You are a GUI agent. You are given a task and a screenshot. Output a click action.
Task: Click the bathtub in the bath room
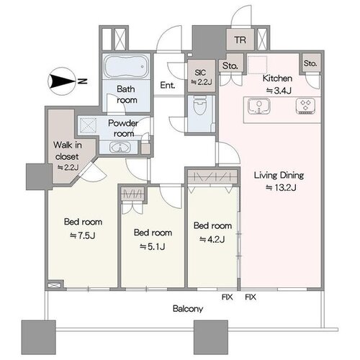click(x=127, y=66)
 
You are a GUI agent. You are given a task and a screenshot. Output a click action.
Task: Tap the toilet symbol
click(x=200, y=105)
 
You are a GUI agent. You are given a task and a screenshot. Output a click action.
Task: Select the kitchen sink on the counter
click(x=259, y=106)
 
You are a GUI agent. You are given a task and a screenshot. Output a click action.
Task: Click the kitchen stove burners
click(x=305, y=106)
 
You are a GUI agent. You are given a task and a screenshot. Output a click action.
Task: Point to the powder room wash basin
click(x=120, y=147)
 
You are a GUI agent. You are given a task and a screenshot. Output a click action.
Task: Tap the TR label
click(x=240, y=40)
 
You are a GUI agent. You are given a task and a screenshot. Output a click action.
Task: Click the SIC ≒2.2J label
click(x=201, y=77)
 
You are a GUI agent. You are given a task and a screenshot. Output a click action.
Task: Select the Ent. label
click(x=168, y=85)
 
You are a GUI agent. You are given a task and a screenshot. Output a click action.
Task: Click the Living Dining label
click(x=279, y=175)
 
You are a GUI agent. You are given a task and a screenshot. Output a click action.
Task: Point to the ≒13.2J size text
click(x=281, y=187)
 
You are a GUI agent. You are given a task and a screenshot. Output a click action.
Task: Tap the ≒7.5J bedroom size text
click(x=82, y=235)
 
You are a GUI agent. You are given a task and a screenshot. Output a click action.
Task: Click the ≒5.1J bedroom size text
click(x=152, y=246)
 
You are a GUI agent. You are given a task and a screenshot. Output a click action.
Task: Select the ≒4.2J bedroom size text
click(x=212, y=239)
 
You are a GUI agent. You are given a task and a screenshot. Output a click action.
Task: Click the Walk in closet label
click(x=68, y=150)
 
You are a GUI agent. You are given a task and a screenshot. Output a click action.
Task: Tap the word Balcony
click(x=188, y=309)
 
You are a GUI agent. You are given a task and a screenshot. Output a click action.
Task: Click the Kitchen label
click(x=277, y=78)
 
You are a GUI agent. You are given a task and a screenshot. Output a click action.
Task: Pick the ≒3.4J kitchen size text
click(x=279, y=91)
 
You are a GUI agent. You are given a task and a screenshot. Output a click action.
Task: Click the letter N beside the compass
click(x=82, y=81)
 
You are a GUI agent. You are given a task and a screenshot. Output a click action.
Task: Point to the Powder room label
click(x=123, y=128)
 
